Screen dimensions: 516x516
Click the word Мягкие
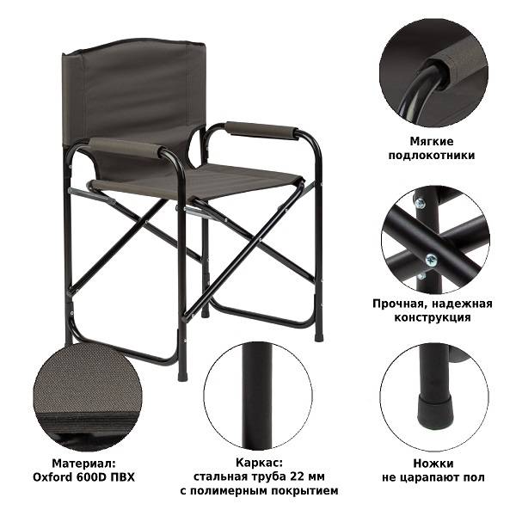[x=432, y=142]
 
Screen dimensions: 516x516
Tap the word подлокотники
[x=432, y=156]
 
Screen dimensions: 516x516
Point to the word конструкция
[x=432, y=317]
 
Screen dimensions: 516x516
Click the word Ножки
[x=433, y=464]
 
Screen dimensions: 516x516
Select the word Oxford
[x=52, y=477]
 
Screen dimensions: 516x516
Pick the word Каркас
[x=259, y=463]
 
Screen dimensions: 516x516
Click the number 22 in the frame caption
[x=298, y=476]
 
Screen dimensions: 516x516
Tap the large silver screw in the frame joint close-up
[x=432, y=261]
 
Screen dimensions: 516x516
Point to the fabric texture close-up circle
[x=87, y=397]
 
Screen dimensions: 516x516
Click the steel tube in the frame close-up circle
[x=257, y=396]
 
